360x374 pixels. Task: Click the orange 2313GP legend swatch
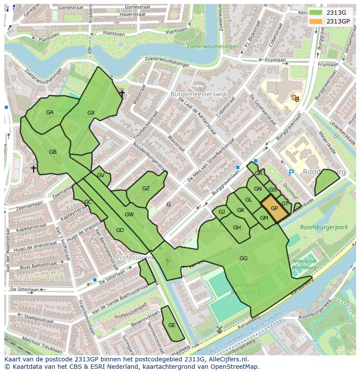point(316,21)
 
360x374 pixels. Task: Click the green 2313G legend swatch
point(316,13)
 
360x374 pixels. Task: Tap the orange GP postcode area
point(274,209)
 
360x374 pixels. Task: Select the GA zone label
point(50,113)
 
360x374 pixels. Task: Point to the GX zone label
point(91,113)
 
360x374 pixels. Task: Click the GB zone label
point(53,152)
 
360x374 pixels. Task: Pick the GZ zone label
point(146,189)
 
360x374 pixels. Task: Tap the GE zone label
point(172,325)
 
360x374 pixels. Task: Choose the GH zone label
point(237,228)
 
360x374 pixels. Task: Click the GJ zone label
point(222,212)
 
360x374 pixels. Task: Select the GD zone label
point(120,230)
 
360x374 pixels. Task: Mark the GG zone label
point(243,258)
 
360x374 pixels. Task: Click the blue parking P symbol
point(291,172)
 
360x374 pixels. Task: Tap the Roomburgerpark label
point(323,227)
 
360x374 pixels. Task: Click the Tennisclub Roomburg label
point(304,265)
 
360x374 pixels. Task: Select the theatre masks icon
point(296,99)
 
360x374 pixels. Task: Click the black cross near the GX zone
point(122,93)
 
